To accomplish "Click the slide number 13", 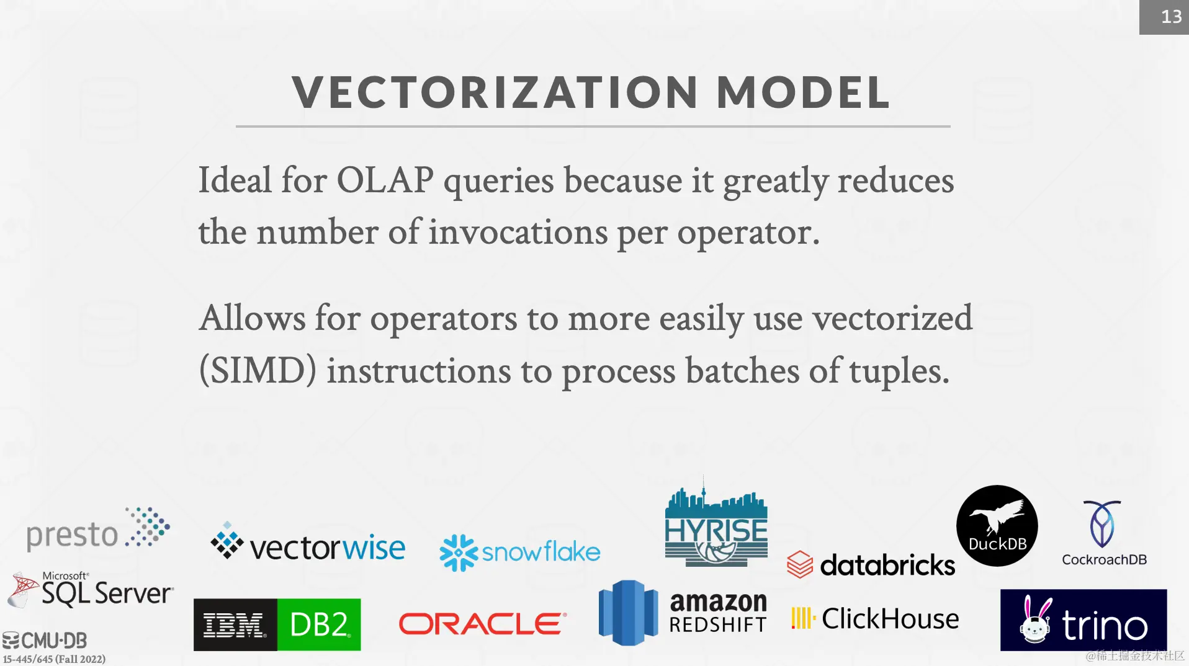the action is (1171, 17).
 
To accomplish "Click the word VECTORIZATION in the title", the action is (495, 93).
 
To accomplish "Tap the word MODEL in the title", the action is (804, 93).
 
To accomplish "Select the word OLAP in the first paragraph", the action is (385, 180).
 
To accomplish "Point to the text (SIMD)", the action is (258, 371).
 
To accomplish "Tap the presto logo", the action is (98, 529).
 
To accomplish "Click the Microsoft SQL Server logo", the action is (91, 590).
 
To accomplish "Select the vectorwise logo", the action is (308, 543).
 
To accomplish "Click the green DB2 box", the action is (319, 624).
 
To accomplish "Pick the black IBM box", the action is (235, 624).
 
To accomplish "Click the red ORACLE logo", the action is (483, 624).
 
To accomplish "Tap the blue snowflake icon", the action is (459, 553).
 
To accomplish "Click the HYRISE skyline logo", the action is (716, 523).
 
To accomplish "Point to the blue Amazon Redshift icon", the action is (628, 613).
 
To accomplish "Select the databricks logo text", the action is (887, 565).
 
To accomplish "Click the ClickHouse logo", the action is (875, 619).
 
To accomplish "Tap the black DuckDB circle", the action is (997, 526).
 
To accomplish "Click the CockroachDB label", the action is (1104, 559).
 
